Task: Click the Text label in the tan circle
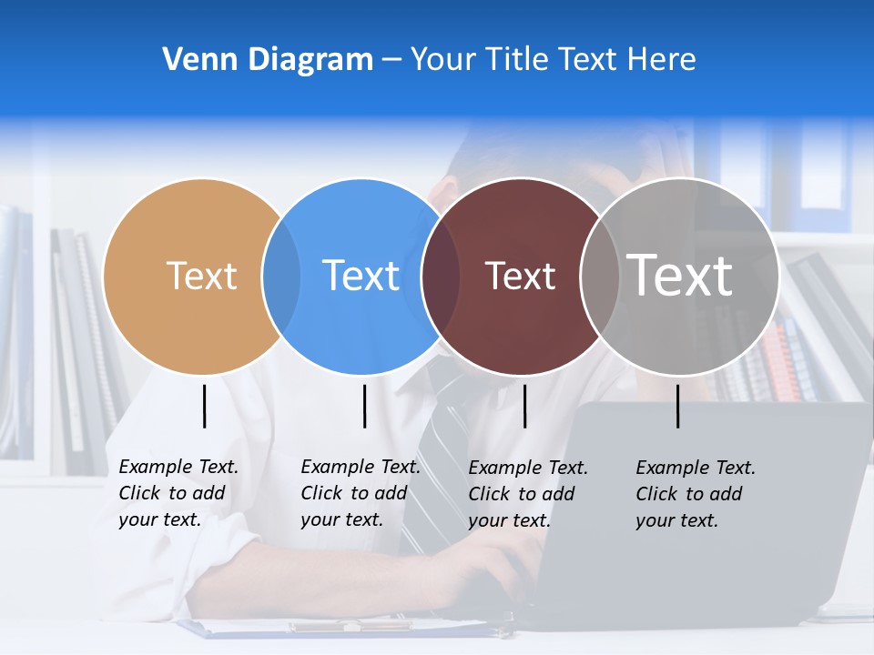[201, 276]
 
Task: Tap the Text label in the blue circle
[361, 276]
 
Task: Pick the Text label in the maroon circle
[520, 276]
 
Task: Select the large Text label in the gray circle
[680, 275]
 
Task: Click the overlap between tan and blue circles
[281, 276]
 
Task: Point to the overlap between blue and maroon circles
[441, 276]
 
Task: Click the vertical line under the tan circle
[204, 406]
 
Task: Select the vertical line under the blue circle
[364, 406]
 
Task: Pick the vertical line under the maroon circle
[524, 406]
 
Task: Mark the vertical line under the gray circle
[677, 406]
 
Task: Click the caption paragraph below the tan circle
[178, 493]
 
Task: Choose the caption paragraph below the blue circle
[360, 493]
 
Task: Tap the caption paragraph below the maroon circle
[527, 494]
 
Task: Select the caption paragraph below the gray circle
[695, 494]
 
